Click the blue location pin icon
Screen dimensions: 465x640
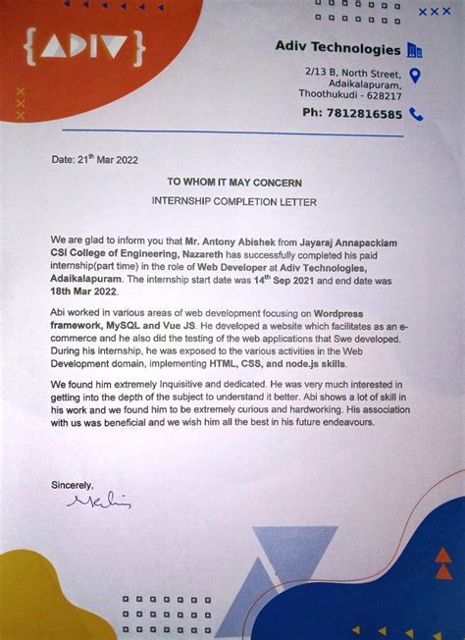point(415,76)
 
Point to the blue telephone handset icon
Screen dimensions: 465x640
point(416,114)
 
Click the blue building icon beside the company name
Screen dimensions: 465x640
point(414,49)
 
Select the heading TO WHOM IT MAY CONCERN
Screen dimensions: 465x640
point(234,183)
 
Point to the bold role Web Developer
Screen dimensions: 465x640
point(232,266)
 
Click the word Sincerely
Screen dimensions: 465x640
point(72,484)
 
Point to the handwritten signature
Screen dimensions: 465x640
point(98,502)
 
